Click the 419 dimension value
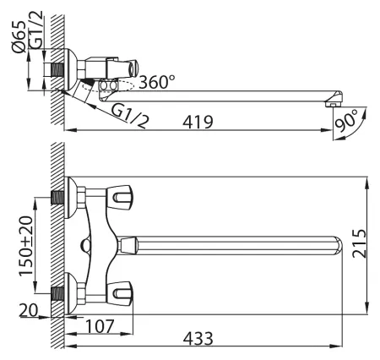pos(198,122)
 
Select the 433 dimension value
pos(198,338)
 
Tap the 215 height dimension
pos(360,243)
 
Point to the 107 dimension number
pos(100,326)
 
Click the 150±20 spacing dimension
pos(26,246)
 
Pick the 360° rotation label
pos(157,82)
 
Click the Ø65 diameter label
pos(19,36)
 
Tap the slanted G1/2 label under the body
pos(130,116)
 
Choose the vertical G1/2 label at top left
pos(36,30)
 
